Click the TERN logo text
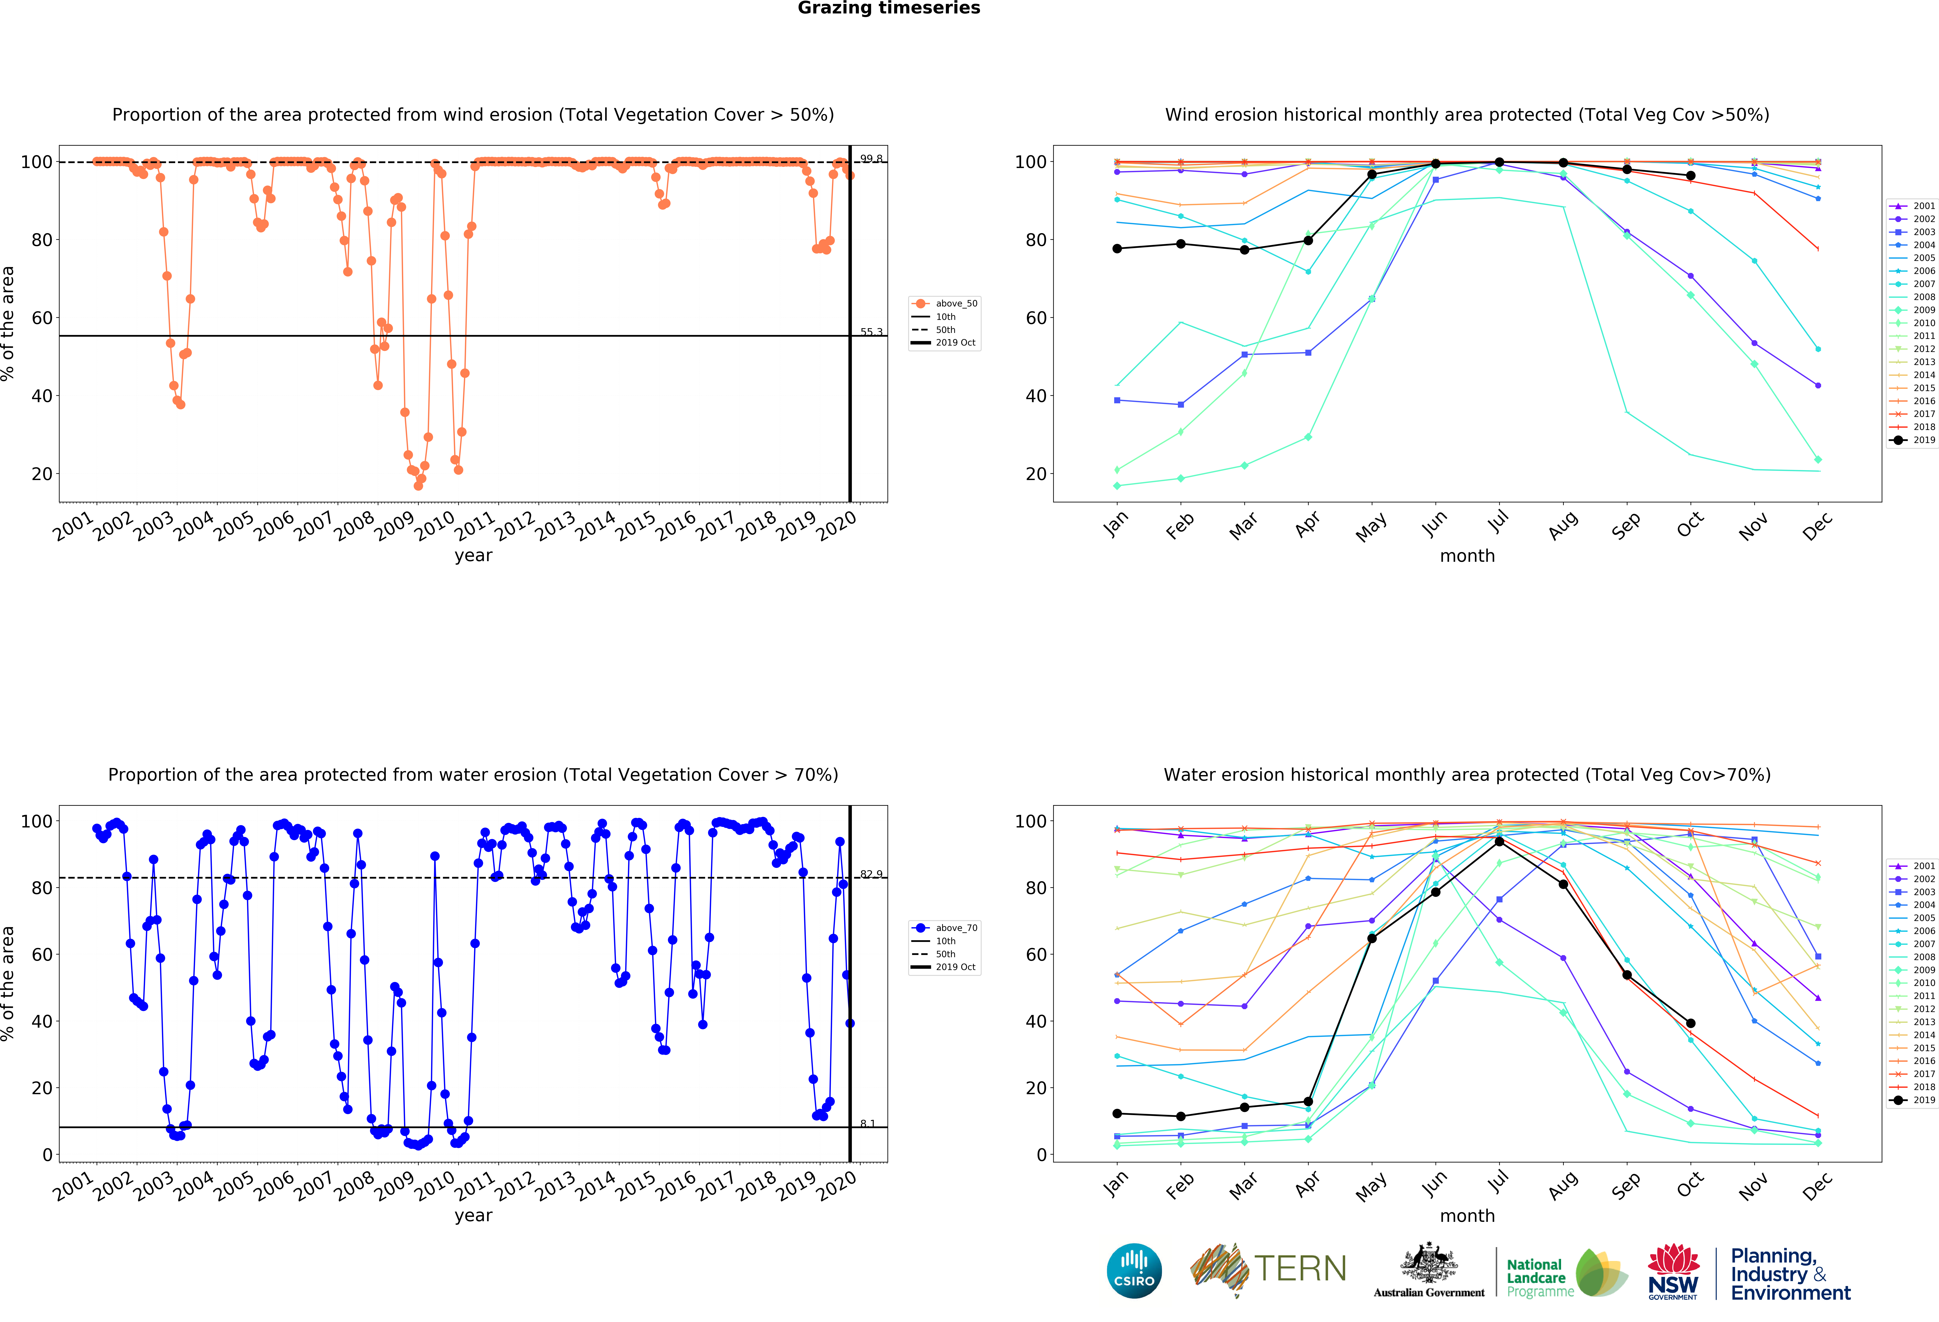pyautogui.click(x=1300, y=1269)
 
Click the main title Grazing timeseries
pyautogui.click(x=889, y=8)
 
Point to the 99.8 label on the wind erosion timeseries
pyautogui.click(x=871, y=158)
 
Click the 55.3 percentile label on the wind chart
pyautogui.click(x=871, y=332)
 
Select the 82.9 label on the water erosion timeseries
pyautogui.click(x=871, y=874)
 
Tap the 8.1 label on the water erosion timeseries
pyautogui.click(x=868, y=1123)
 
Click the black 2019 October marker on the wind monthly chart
pyautogui.click(x=1690, y=175)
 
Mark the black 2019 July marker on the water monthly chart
pyautogui.click(x=1499, y=841)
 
